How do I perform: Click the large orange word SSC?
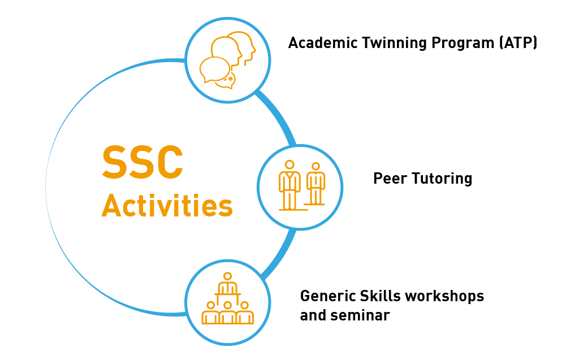click(x=142, y=162)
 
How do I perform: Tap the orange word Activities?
click(x=167, y=205)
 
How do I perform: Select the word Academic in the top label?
click(x=323, y=43)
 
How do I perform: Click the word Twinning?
click(x=394, y=43)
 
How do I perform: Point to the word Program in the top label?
click(x=463, y=44)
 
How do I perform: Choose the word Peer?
click(x=390, y=179)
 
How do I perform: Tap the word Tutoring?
click(x=442, y=179)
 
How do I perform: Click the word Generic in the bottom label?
click(x=328, y=296)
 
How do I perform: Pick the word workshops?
click(x=444, y=297)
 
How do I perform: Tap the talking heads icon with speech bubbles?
click(x=228, y=60)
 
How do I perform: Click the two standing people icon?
click(x=302, y=186)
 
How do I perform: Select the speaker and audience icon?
click(x=227, y=298)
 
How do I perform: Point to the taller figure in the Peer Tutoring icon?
click(x=290, y=185)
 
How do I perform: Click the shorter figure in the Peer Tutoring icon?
click(x=316, y=184)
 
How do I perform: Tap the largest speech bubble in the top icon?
click(x=215, y=70)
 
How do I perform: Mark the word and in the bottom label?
click(x=313, y=315)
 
